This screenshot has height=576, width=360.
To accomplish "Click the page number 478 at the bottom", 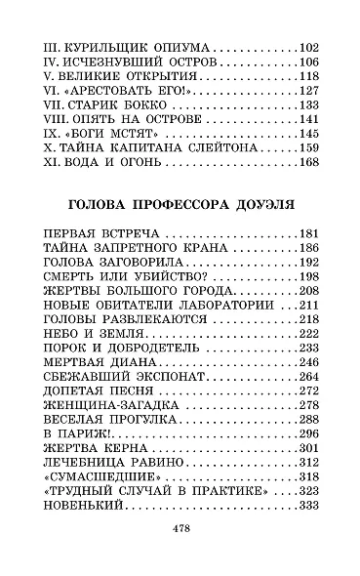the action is (x=180, y=528).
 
